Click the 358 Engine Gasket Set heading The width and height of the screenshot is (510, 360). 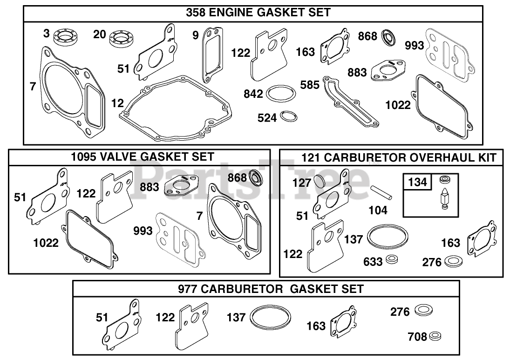tap(258, 13)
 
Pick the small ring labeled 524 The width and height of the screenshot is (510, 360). tap(289, 116)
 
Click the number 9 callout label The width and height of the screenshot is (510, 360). tap(195, 34)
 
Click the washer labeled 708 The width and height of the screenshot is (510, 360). tap(435, 336)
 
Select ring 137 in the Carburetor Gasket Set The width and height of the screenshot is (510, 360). tap(271, 318)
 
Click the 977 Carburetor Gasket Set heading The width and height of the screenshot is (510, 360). tap(271, 288)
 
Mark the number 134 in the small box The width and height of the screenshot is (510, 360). tap(417, 182)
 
